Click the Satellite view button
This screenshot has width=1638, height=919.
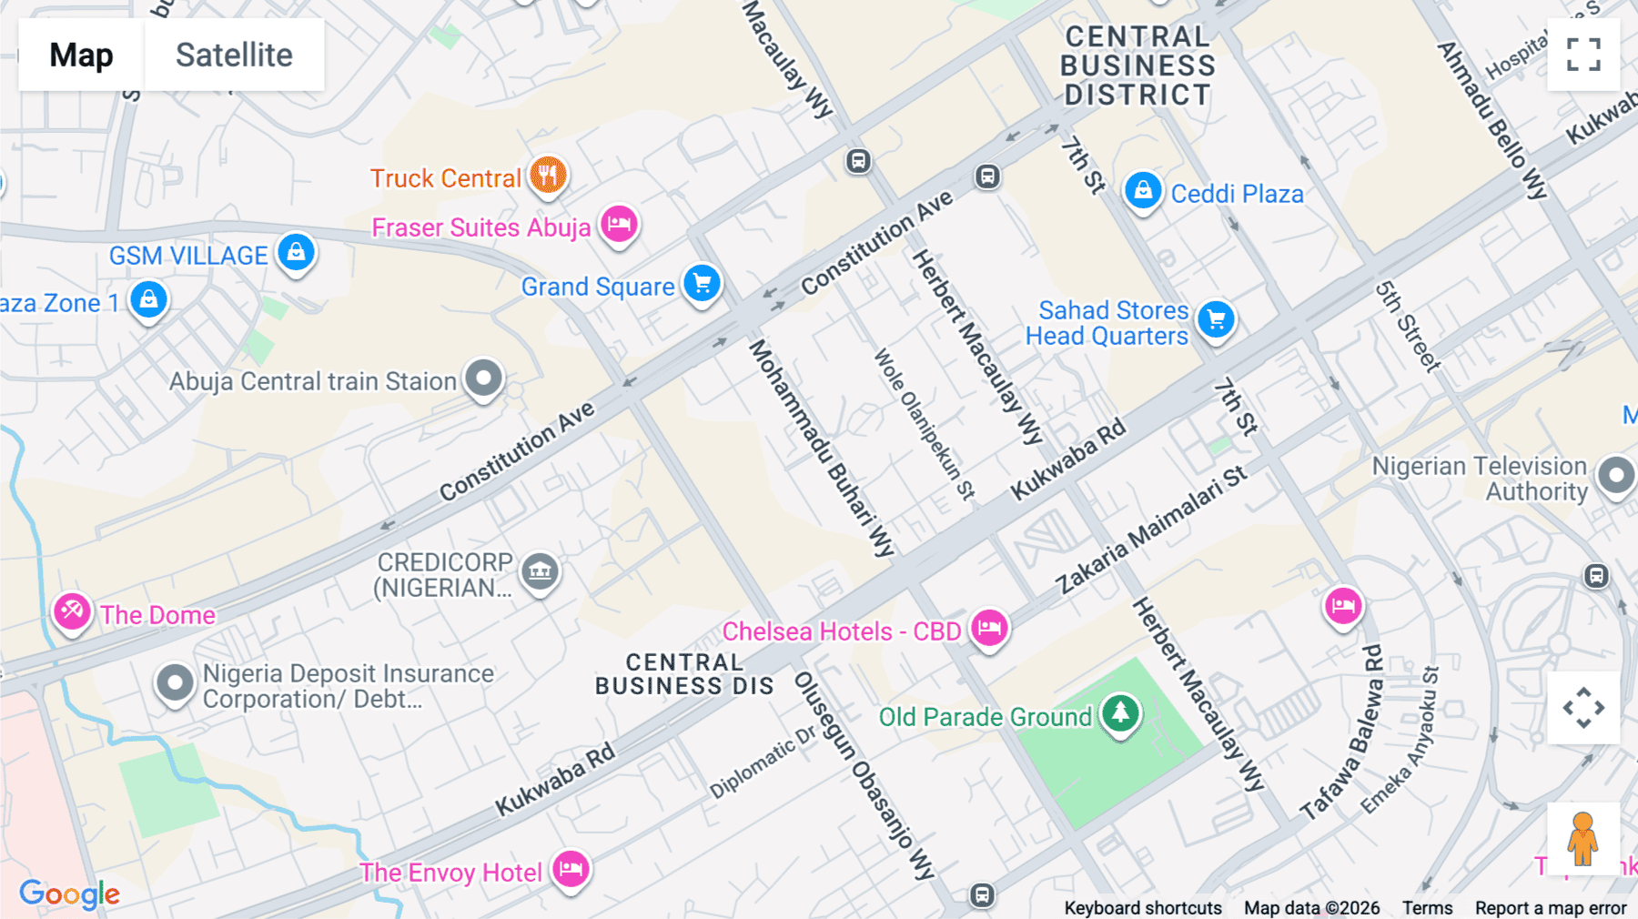pyautogui.click(x=234, y=55)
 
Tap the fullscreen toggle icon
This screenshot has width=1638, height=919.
pyautogui.click(x=1583, y=55)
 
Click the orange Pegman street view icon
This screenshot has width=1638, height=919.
pyautogui.click(x=1582, y=838)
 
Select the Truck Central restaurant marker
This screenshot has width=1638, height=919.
pyautogui.click(x=548, y=174)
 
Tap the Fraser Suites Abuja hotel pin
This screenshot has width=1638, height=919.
pyautogui.click(x=619, y=223)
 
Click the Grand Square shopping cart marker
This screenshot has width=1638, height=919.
pyautogui.click(x=702, y=283)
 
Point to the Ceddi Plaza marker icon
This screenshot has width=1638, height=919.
pyautogui.click(x=1142, y=191)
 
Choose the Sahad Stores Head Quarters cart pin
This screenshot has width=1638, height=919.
pyautogui.click(x=1216, y=319)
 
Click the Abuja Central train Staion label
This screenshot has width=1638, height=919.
pyautogui.click(x=312, y=381)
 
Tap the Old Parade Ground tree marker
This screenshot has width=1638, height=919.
pyautogui.click(x=1120, y=713)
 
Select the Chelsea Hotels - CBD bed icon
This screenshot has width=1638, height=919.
pyautogui.click(x=989, y=628)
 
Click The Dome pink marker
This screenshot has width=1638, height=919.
pyautogui.click(x=72, y=611)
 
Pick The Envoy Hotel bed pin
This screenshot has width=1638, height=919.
pyautogui.click(x=571, y=869)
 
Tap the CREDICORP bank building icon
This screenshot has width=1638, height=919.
pyautogui.click(x=540, y=571)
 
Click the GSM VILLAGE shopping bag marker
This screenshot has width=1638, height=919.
pyautogui.click(x=296, y=252)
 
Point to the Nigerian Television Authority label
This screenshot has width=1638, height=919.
pyautogui.click(x=1480, y=479)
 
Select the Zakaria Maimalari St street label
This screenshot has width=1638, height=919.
pyautogui.click(x=1151, y=530)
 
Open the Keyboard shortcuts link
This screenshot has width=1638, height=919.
pyautogui.click(x=1142, y=907)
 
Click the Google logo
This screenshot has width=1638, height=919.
pyautogui.click(x=69, y=894)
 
